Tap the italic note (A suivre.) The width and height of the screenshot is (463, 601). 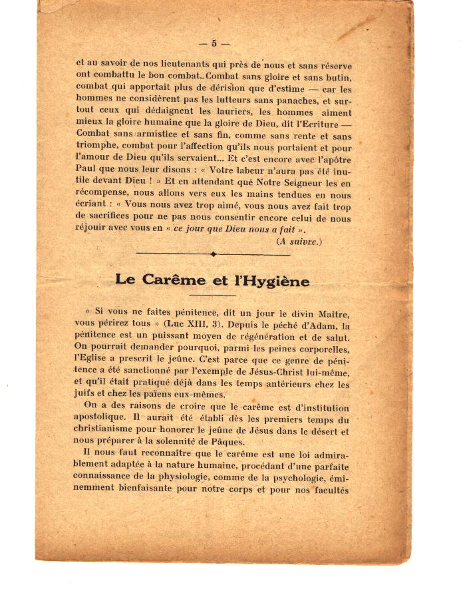tap(299, 242)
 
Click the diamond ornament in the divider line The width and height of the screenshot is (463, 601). tap(213, 254)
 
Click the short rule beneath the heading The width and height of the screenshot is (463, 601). tap(212, 295)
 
